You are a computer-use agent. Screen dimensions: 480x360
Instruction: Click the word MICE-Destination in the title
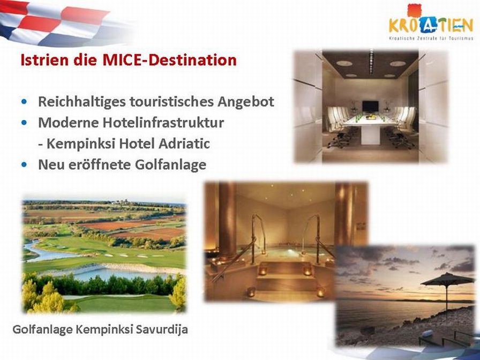point(170,59)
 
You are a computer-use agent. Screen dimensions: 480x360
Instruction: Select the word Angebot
point(246,102)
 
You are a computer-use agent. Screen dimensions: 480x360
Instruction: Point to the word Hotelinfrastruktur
point(163,123)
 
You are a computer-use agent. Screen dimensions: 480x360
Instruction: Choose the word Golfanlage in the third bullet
point(170,164)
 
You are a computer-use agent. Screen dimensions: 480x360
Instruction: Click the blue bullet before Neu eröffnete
point(24,164)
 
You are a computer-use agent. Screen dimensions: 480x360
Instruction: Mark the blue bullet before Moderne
point(24,123)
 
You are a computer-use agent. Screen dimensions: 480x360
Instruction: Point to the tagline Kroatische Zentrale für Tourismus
point(431,39)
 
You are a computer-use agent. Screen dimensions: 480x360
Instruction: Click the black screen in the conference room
point(371,106)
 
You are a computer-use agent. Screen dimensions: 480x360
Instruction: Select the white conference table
point(370,125)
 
